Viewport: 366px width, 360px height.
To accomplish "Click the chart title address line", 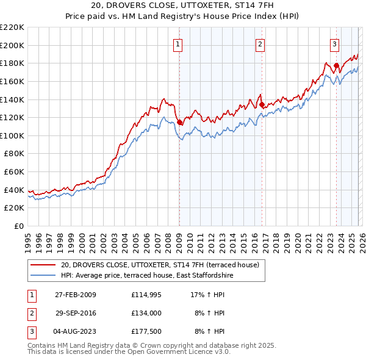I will [x=182, y=6].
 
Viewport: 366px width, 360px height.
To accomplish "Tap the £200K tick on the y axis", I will [x=12, y=45].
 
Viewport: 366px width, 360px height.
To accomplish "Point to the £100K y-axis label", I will [x=12, y=135].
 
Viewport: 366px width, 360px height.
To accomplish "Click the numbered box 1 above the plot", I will [x=178, y=43].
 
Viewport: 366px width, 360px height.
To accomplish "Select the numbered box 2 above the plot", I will [x=260, y=43].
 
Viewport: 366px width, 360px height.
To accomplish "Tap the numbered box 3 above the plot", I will [x=335, y=43].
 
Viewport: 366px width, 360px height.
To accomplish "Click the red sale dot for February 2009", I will [x=180, y=122].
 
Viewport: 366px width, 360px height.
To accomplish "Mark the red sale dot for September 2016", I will [x=262, y=105].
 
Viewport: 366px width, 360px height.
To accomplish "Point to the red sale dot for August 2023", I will [x=336, y=65].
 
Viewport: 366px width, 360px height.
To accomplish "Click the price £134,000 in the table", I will [x=145, y=312].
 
